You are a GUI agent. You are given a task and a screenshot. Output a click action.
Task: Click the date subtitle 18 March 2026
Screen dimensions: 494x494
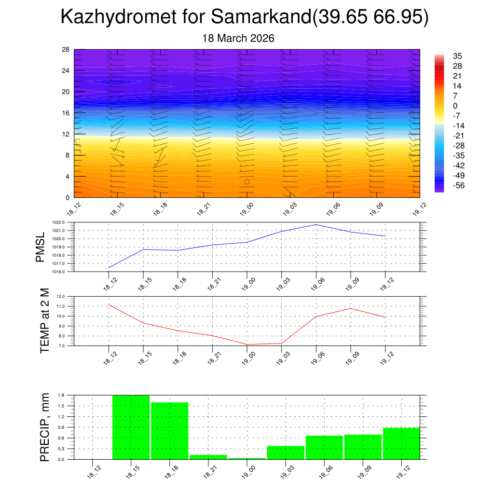tap(238, 38)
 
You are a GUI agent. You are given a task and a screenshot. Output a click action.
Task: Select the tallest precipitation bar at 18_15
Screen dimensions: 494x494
tap(131, 427)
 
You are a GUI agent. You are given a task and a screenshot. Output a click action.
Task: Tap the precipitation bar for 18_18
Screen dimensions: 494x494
tap(169, 430)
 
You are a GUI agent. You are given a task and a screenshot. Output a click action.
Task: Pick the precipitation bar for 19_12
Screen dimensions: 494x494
tap(401, 443)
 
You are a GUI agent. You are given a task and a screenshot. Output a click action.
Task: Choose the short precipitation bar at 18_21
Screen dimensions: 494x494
tap(208, 457)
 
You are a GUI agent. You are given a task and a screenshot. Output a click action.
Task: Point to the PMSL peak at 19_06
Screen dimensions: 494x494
tap(316, 224)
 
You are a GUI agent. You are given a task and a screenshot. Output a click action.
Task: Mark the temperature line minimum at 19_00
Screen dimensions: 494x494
tap(247, 344)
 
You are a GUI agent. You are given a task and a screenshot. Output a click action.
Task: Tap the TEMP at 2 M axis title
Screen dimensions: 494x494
tap(45, 321)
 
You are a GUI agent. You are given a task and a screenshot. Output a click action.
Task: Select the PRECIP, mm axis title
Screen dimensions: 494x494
tap(45, 427)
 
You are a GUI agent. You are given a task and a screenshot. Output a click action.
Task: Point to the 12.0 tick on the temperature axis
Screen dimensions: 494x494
tap(61, 296)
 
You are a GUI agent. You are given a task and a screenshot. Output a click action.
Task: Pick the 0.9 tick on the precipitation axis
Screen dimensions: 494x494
tap(61, 427)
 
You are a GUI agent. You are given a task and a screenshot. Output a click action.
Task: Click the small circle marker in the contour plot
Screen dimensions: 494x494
tap(247, 182)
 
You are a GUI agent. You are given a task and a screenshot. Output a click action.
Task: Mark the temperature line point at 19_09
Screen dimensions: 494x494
tap(351, 308)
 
